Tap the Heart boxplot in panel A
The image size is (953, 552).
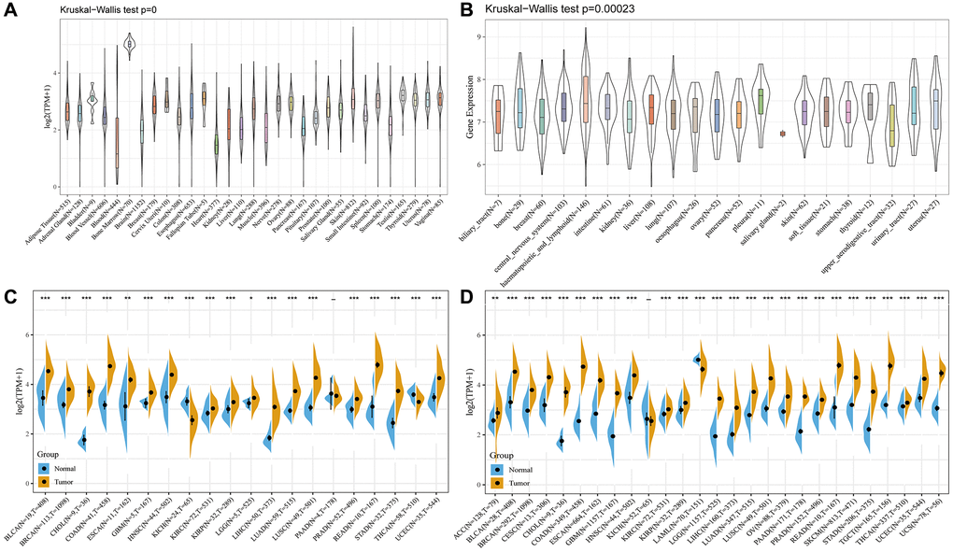pos(217,144)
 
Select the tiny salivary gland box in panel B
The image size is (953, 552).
pos(781,134)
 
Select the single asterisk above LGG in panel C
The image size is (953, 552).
pos(249,298)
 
